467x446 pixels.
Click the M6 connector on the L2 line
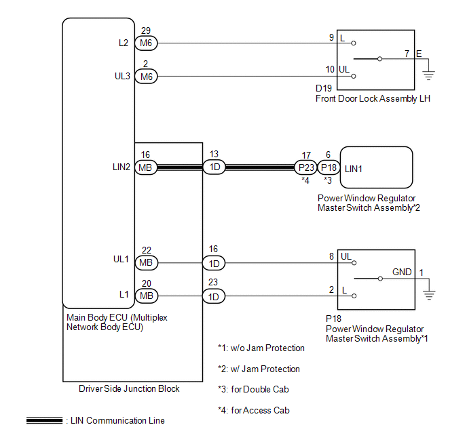pyautogui.click(x=146, y=43)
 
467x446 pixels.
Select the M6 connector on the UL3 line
pyautogui.click(x=146, y=77)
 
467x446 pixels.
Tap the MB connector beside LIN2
pyautogui.click(x=146, y=167)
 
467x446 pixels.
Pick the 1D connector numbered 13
pyautogui.click(x=214, y=167)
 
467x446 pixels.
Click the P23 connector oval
pyautogui.click(x=305, y=167)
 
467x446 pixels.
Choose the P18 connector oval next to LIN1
pyautogui.click(x=329, y=167)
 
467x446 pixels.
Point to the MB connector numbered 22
pyautogui.click(x=146, y=263)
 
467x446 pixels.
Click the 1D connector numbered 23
pyautogui.click(x=214, y=296)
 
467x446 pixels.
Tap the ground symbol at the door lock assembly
pyautogui.click(x=428, y=75)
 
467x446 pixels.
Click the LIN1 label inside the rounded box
pyautogui.click(x=353, y=169)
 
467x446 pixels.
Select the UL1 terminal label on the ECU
pyautogui.click(x=121, y=260)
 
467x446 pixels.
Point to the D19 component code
pyautogui.click(x=324, y=88)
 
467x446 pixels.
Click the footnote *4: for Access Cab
pyautogui.click(x=254, y=410)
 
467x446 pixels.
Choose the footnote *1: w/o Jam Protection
pyautogui.click(x=261, y=348)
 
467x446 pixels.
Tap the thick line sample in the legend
pyautogui.click(x=44, y=420)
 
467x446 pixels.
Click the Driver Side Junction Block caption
pyautogui.click(x=129, y=388)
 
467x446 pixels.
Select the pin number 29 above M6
pyautogui.click(x=146, y=31)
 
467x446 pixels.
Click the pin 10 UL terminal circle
pyautogui.click(x=354, y=77)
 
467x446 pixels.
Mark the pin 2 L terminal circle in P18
pyautogui.click(x=354, y=296)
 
